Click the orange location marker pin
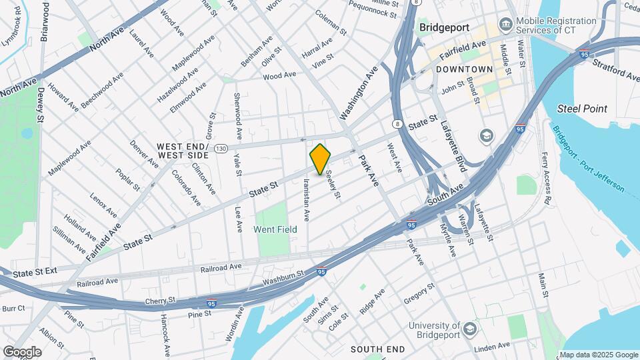tap(320, 159)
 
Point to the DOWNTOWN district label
tap(465, 69)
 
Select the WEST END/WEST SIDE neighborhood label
tap(183, 150)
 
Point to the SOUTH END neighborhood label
tap(377, 349)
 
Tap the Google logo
tap(22, 351)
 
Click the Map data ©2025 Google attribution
tap(599, 355)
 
